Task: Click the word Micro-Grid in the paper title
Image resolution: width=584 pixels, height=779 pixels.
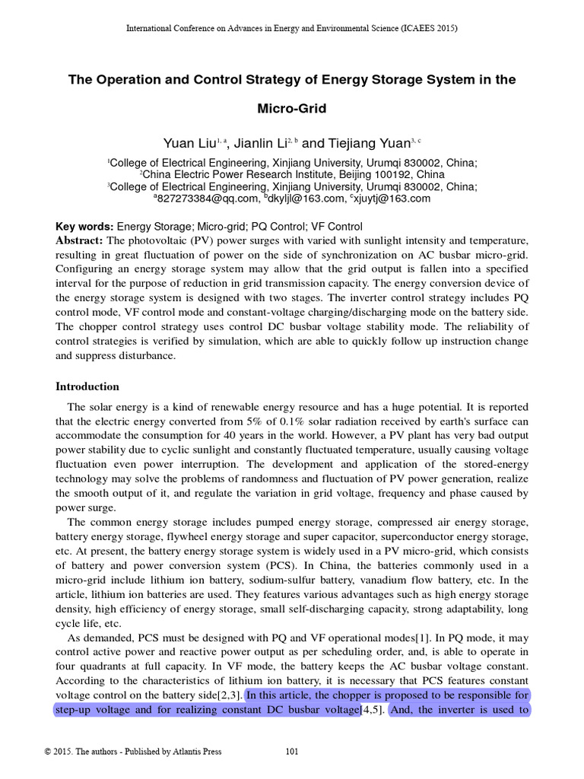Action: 292,109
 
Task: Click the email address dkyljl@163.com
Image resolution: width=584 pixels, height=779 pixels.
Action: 306,199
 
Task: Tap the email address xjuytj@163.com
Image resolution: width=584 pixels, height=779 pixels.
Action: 392,199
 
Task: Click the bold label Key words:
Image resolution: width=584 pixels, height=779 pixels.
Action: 84,227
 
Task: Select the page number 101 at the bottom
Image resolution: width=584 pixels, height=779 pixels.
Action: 291,752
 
